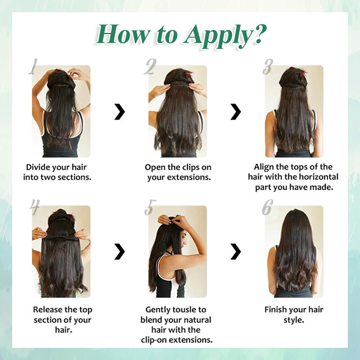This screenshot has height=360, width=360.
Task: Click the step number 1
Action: (x=33, y=66)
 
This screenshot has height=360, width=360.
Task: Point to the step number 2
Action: (x=150, y=67)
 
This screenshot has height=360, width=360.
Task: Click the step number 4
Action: (x=35, y=207)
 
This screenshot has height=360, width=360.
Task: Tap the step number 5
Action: (x=150, y=207)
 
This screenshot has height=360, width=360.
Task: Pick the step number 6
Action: (x=267, y=207)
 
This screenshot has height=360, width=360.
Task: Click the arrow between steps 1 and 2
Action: (x=120, y=112)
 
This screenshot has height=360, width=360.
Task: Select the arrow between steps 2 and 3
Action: (x=235, y=112)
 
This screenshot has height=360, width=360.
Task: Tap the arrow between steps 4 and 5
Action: (x=120, y=252)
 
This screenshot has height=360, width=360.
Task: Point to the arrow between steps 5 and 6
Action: (x=235, y=252)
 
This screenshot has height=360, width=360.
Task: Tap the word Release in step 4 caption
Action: (x=47, y=310)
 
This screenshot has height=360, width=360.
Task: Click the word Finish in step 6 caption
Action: (x=274, y=310)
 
